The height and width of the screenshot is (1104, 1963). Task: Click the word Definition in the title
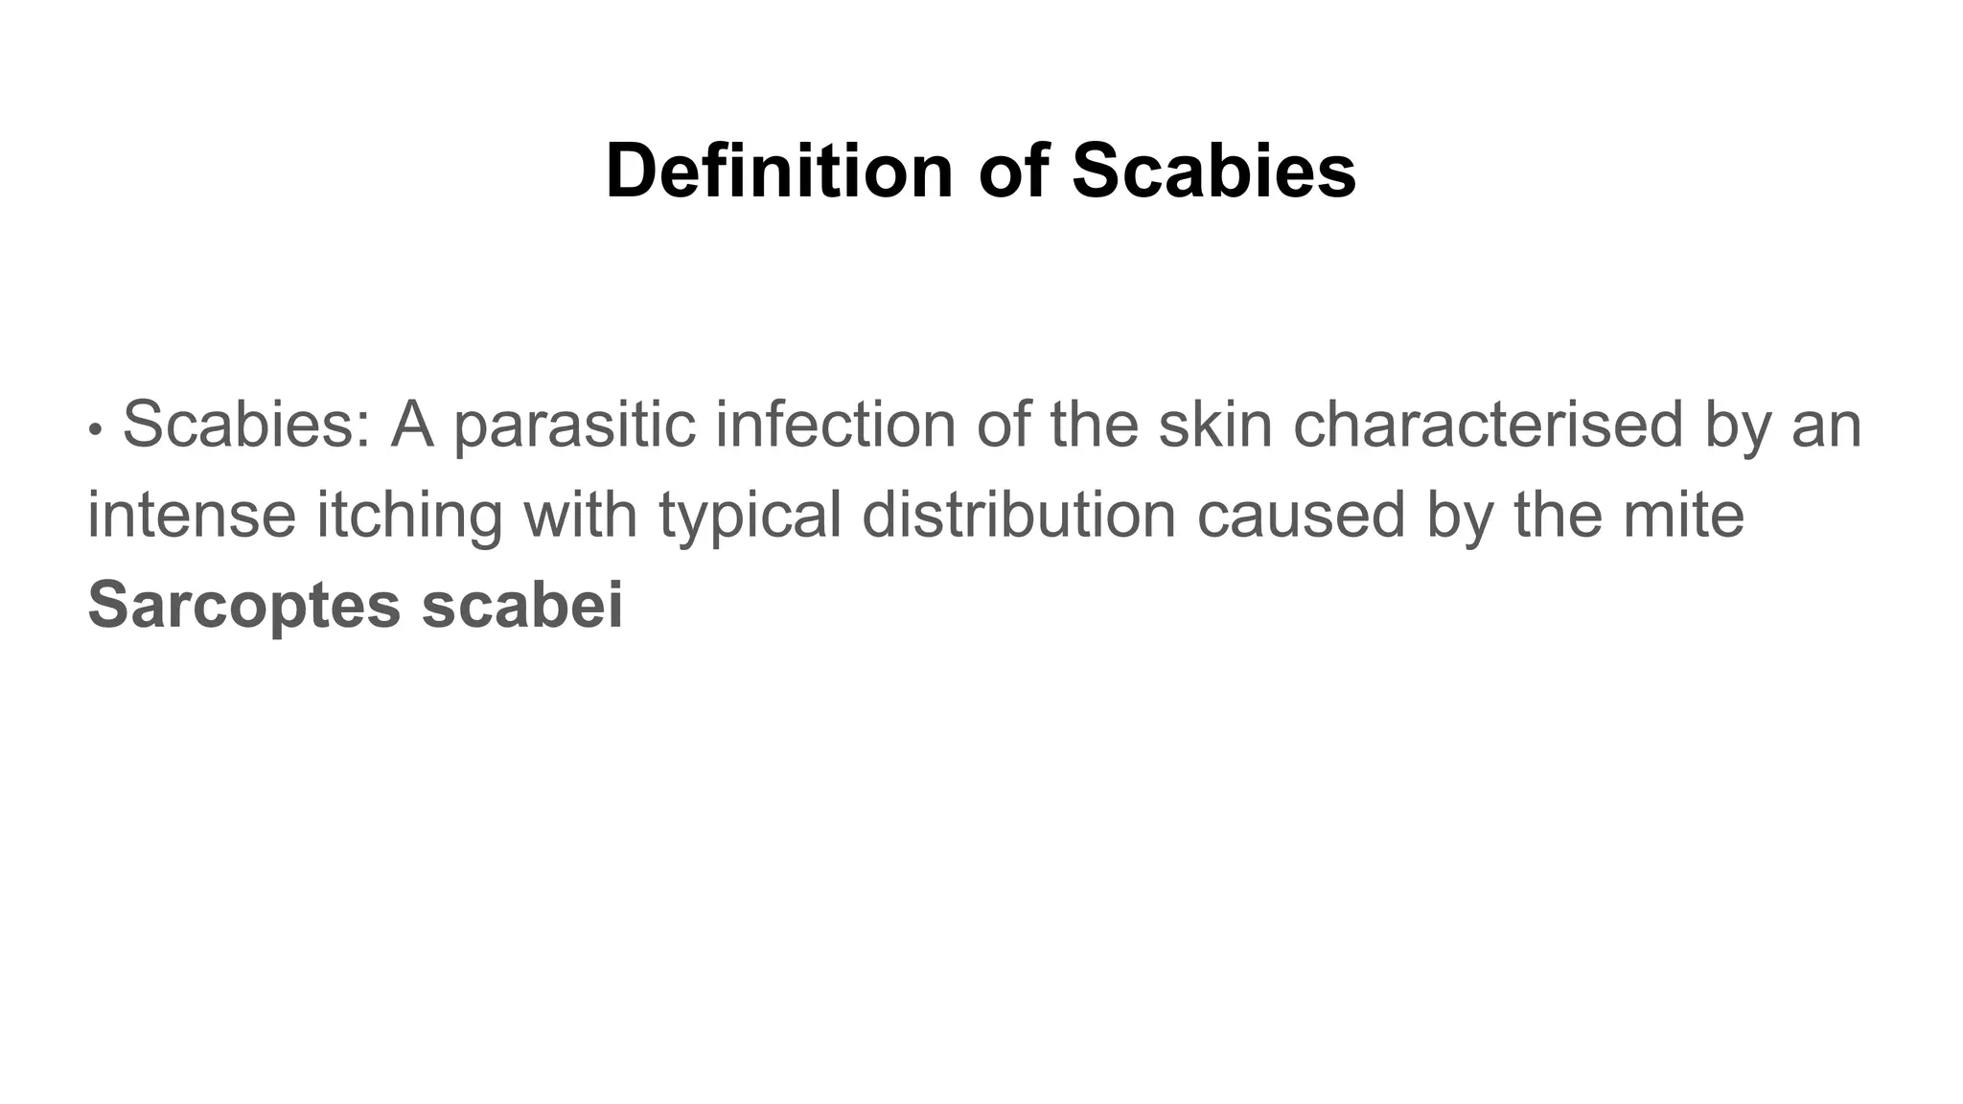point(778,172)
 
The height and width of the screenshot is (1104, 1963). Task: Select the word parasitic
point(574,425)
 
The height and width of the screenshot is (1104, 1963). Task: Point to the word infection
point(835,425)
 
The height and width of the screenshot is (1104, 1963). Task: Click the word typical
point(751,515)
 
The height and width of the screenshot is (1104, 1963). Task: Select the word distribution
point(1018,515)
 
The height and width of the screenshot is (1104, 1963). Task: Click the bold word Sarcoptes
point(243,605)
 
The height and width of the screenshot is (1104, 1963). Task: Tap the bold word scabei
point(522,605)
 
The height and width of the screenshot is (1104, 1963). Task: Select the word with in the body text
point(581,515)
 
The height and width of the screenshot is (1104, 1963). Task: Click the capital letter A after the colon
point(412,425)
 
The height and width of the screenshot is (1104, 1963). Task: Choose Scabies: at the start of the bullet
point(246,425)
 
